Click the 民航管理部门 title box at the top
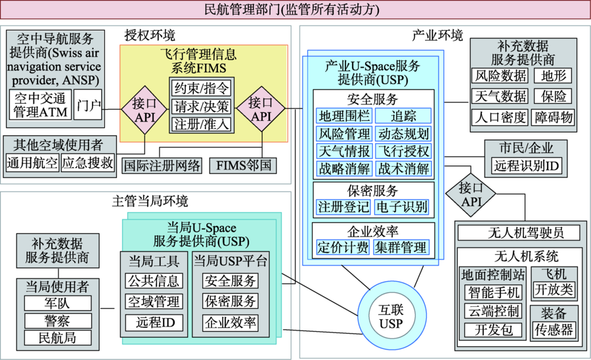295,10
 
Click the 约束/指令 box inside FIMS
201,87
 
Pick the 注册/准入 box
201,124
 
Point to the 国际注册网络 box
162,165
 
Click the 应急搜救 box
87,162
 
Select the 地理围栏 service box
343,116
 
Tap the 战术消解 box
403,168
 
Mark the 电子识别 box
402,208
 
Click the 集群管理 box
402,247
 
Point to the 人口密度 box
500,118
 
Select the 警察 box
57,321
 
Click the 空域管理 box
154,302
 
